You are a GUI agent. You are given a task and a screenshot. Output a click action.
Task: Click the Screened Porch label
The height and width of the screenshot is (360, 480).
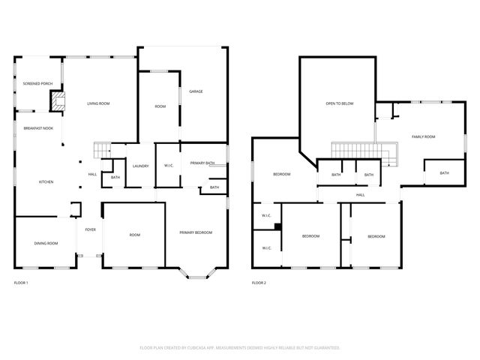(36, 83)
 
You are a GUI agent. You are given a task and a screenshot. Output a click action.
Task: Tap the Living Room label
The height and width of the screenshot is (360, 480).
(98, 103)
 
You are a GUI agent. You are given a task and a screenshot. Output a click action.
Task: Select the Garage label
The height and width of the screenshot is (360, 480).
(196, 91)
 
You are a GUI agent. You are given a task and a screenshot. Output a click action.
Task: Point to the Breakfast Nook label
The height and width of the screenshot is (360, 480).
(37, 128)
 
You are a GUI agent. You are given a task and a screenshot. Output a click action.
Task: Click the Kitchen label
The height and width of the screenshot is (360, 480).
(46, 181)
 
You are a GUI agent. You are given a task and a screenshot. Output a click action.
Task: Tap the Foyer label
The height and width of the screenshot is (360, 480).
(90, 229)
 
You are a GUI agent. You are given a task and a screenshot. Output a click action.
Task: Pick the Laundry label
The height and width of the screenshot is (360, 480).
(140, 166)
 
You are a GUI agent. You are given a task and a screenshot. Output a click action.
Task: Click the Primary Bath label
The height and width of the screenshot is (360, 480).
(202, 163)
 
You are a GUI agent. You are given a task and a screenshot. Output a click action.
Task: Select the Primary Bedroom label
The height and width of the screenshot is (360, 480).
(196, 232)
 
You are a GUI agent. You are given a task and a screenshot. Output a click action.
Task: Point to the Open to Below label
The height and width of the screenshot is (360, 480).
(339, 103)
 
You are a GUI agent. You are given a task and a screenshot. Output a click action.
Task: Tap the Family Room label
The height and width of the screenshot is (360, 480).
(423, 136)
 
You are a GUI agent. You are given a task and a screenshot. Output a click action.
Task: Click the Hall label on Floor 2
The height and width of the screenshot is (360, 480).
(360, 194)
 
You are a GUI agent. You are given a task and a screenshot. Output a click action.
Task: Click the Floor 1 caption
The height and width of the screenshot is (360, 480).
(21, 283)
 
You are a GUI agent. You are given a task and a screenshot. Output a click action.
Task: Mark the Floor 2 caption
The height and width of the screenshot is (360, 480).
(259, 283)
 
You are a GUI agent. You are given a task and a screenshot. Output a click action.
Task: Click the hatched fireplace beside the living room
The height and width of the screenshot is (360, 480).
(57, 100)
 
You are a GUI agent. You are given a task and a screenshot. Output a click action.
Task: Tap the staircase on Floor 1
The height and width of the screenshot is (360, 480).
(102, 149)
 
